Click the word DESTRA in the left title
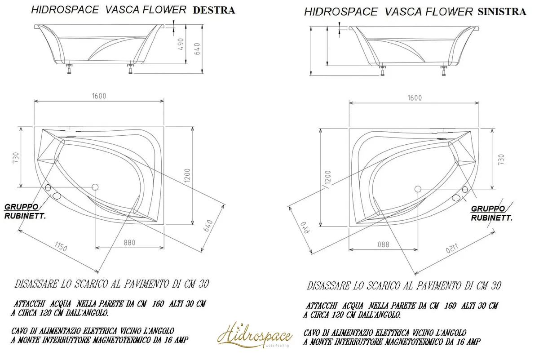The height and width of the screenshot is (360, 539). coord(213,10)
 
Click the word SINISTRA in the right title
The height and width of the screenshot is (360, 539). coord(502,12)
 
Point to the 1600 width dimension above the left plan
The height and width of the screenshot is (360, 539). coord(99,96)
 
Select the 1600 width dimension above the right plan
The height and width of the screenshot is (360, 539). coord(415,98)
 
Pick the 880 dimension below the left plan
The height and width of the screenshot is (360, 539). coord(129,242)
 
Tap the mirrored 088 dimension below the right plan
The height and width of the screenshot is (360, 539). coord(383,244)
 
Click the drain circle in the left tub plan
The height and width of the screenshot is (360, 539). coord(95,187)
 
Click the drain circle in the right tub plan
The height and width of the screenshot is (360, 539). coord(418,189)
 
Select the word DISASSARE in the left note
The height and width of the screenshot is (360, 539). coord(35,284)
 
